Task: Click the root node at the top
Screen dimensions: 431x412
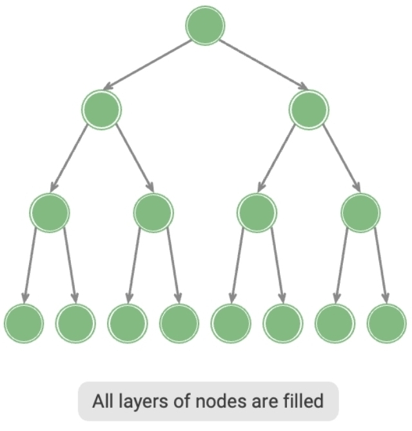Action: click(205, 26)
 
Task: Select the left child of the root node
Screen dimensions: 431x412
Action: click(102, 109)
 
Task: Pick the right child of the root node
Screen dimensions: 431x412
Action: click(309, 109)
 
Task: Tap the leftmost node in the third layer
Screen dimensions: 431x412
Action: click(50, 212)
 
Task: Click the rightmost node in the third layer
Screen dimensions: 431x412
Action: click(360, 212)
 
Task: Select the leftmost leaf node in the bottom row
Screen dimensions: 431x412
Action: click(24, 323)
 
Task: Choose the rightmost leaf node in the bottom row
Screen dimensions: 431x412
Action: click(386, 323)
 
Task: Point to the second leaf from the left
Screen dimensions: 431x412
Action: click(75, 323)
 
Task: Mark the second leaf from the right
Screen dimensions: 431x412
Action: click(335, 323)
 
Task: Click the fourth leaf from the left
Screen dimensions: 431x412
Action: click(179, 323)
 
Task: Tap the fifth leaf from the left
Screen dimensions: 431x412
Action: click(231, 323)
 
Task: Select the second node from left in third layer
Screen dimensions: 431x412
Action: click(153, 212)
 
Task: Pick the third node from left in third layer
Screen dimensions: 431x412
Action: click(257, 212)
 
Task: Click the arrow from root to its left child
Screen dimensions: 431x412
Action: click(148, 65)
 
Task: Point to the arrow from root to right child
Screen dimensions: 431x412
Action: click(262, 65)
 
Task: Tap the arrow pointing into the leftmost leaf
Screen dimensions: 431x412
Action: click(30, 265)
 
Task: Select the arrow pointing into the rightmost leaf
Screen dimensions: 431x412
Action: click(380, 265)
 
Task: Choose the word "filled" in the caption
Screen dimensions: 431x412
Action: click(304, 402)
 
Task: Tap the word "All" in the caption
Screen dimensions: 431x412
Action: click(103, 402)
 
